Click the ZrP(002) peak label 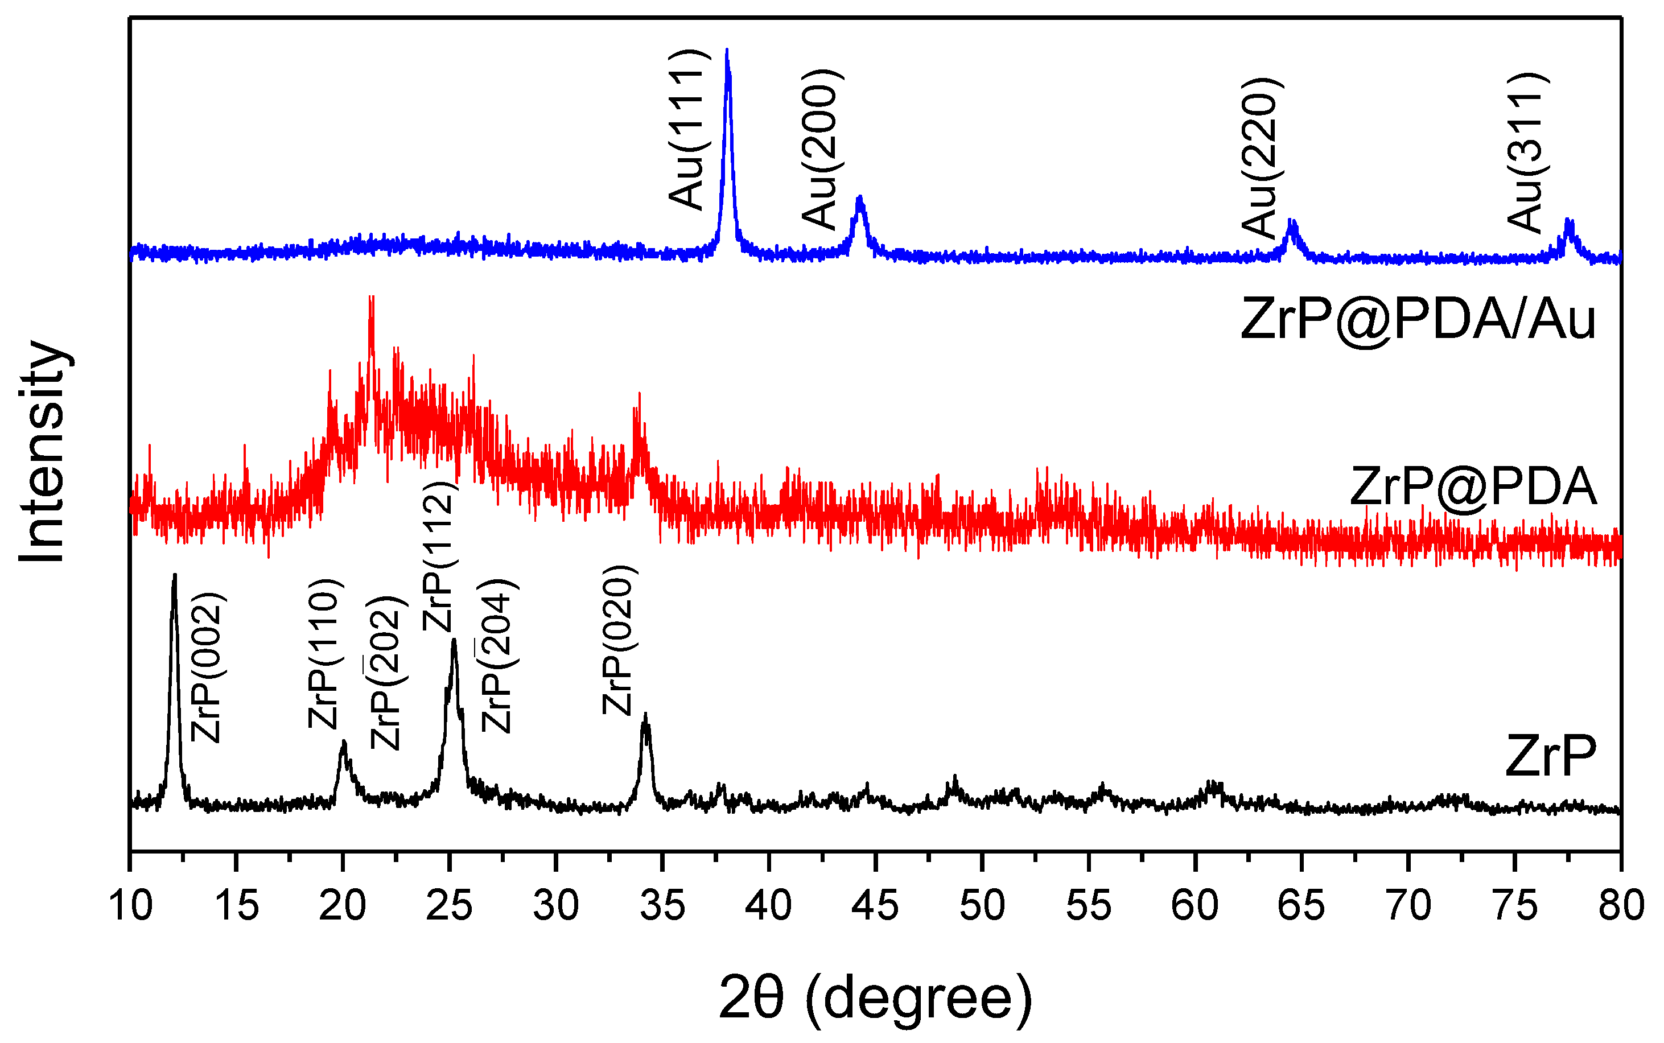[205, 668]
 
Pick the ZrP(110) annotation [324, 654]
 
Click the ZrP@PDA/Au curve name [1417, 319]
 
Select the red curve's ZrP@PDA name [1472, 487]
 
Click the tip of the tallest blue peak [727, 50]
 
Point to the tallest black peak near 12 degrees [175, 575]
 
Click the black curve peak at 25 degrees [453, 641]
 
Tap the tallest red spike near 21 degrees [371, 298]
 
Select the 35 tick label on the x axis [662, 905]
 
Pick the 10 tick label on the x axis [130, 905]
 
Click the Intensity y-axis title [43, 452]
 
